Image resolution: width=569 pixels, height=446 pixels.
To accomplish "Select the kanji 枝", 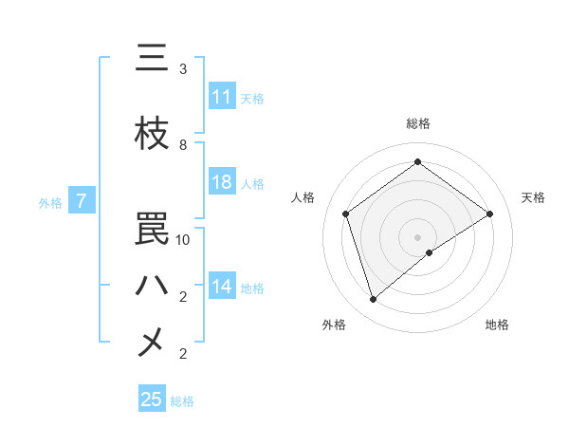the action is pyautogui.click(x=152, y=134).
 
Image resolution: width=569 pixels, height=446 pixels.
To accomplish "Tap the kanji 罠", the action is pyautogui.click(x=152, y=229).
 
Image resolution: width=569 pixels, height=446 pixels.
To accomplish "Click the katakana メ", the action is pyautogui.click(x=152, y=343).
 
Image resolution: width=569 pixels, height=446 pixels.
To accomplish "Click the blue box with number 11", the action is pyautogui.click(x=222, y=97).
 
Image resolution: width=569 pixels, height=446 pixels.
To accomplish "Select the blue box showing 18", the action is pyautogui.click(x=222, y=183).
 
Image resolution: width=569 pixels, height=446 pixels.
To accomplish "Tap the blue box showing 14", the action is pyautogui.click(x=222, y=288).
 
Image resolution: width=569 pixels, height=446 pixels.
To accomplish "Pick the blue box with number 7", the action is pyautogui.click(x=83, y=201).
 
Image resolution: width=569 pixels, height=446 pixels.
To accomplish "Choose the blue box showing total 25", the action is pyautogui.click(x=152, y=400).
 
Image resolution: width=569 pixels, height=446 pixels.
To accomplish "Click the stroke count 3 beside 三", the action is pyautogui.click(x=183, y=69).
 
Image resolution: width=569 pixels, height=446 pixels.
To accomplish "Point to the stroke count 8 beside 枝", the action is pyautogui.click(x=183, y=145).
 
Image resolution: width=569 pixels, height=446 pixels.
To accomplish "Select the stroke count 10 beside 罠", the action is pyautogui.click(x=183, y=240).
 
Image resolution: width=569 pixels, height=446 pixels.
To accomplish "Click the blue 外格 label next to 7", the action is pyautogui.click(x=49, y=202).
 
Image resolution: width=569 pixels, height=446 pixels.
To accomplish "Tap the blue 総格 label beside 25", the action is pyautogui.click(x=182, y=401).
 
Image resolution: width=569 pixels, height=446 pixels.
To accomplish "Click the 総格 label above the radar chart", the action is pyautogui.click(x=417, y=123).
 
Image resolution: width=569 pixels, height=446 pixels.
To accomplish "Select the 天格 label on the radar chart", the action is pyautogui.click(x=533, y=197).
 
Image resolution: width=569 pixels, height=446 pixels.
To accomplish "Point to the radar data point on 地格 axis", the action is pyautogui.click(x=430, y=252).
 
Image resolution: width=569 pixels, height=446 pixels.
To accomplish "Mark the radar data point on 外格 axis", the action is pyautogui.click(x=374, y=300).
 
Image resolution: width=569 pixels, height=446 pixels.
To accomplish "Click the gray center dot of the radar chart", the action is pyautogui.click(x=417, y=236).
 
